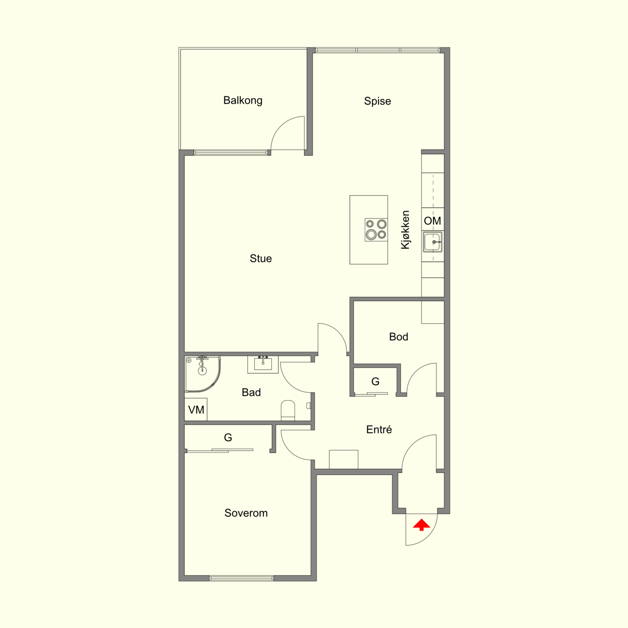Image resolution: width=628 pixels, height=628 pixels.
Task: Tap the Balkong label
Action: tap(243, 101)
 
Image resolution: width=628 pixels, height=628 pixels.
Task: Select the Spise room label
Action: tap(378, 101)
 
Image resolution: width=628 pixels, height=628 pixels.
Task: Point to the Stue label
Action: tap(261, 259)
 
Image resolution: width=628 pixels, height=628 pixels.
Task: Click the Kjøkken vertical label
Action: tap(405, 230)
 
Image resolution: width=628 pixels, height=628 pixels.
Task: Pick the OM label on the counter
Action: tap(433, 221)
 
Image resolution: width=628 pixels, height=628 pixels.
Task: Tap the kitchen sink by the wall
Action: tap(433, 242)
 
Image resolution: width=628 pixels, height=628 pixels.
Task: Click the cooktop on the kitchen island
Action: tap(376, 230)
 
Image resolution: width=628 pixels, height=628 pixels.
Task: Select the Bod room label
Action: tap(398, 336)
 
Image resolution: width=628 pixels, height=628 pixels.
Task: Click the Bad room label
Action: tap(251, 393)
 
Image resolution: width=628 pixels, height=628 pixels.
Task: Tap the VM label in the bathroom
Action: tap(196, 409)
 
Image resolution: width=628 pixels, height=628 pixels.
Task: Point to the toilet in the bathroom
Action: tap(288, 410)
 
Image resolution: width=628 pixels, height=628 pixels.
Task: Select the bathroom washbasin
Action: tap(263, 365)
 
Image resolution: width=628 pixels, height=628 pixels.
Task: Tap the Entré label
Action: tap(379, 429)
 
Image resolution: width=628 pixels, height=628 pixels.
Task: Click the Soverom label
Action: tap(246, 513)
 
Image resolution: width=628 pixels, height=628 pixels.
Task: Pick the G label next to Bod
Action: tap(376, 381)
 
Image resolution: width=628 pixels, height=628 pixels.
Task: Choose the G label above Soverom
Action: tap(228, 438)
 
